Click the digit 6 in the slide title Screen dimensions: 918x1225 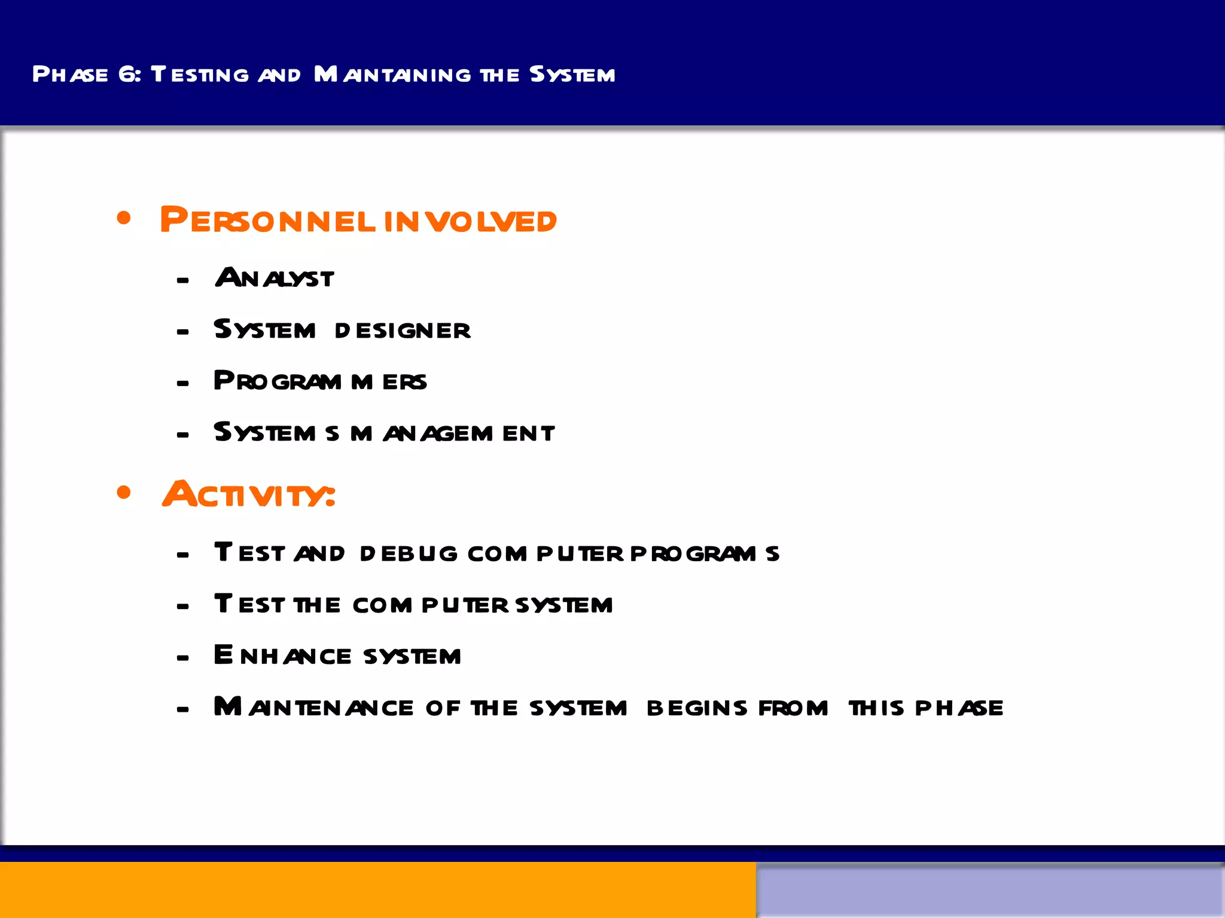point(127,74)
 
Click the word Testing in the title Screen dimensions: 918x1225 point(200,74)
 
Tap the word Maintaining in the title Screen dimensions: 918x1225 point(392,74)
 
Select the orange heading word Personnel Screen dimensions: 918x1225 point(267,221)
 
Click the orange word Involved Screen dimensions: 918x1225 point(470,221)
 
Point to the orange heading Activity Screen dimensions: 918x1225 point(248,495)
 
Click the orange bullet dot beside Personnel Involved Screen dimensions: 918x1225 point(124,218)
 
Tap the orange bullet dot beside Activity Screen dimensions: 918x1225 point(124,492)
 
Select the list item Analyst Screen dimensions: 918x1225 point(275,278)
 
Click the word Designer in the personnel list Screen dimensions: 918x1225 point(403,331)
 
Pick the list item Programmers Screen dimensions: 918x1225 point(320,381)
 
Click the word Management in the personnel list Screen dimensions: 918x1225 point(453,433)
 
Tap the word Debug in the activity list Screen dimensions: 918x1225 point(409,553)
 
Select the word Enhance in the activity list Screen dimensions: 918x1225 point(282,656)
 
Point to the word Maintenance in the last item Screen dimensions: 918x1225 point(313,708)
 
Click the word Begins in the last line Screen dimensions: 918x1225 point(697,708)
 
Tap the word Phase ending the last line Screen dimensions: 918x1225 point(959,708)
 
